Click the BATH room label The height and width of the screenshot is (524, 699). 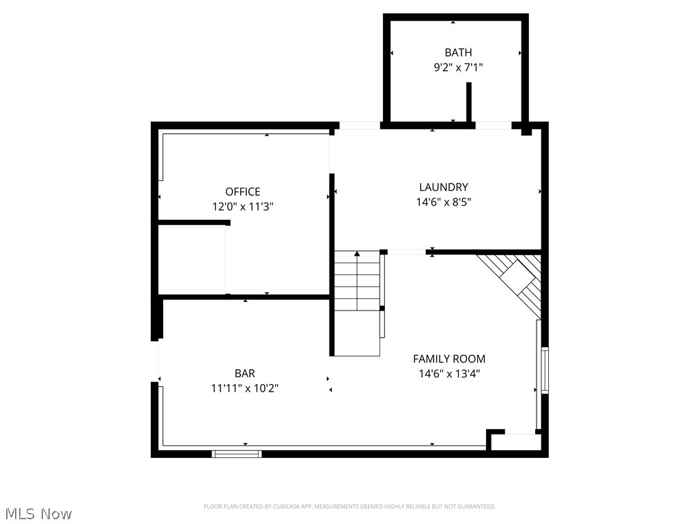[x=458, y=53]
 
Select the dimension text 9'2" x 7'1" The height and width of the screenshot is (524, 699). [x=458, y=68]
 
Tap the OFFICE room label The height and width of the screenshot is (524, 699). [x=243, y=192]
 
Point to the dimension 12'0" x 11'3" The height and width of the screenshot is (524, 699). [x=243, y=206]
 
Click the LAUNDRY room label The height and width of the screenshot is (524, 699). [x=444, y=187]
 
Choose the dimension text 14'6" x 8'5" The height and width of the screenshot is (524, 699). [x=444, y=202]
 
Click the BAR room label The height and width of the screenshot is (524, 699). [x=244, y=373]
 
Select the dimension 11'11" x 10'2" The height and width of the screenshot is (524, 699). [x=244, y=388]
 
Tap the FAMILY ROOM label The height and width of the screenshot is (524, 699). [x=449, y=359]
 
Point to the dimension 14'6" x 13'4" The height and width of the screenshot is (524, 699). [x=449, y=374]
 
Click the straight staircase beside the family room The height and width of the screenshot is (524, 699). [x=356, y=304]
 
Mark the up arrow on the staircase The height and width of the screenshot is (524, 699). [x=356, y=254]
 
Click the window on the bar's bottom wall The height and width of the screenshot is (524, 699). [x=236, y=453]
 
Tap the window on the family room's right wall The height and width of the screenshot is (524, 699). [x=544, y=370]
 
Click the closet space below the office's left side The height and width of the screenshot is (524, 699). [x=192, y=259]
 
